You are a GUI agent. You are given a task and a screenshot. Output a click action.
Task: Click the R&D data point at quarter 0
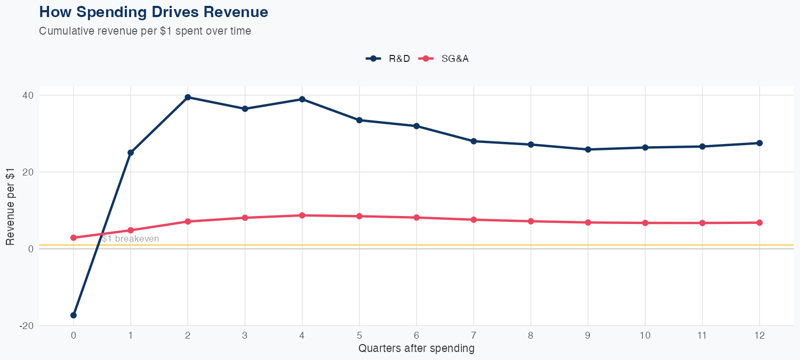coord(73,315)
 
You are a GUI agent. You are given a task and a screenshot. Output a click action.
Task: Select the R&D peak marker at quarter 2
coord(188,97)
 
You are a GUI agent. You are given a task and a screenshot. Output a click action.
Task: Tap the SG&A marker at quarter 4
coord(302,215)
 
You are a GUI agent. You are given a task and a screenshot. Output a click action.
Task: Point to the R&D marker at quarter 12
coord(759,143)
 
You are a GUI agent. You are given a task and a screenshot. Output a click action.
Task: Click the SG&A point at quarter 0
coord(73,238)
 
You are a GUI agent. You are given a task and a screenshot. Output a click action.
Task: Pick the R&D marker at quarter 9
coord(588,149)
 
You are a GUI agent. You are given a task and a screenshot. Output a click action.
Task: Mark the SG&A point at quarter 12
coord(759,222)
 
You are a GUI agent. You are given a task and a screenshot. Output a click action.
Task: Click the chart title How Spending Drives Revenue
coord(154,12)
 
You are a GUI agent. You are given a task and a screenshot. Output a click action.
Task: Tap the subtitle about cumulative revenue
coord(145,31)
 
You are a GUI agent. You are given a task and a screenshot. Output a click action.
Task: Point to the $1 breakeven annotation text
coord(131,239)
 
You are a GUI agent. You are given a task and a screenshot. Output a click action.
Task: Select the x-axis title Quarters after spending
coord(416,349)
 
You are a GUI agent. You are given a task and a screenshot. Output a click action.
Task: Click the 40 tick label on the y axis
coord(27,95)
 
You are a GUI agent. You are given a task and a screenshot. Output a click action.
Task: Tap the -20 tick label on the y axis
coord(26,326)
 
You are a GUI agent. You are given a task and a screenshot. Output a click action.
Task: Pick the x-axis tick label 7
coord(474,335)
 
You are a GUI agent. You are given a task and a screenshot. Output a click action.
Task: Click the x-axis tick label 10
coord(645,335)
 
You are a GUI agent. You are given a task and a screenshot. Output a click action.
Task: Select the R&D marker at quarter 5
coord(359,120)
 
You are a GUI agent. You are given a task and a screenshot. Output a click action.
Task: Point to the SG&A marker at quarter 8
coord(531,221)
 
